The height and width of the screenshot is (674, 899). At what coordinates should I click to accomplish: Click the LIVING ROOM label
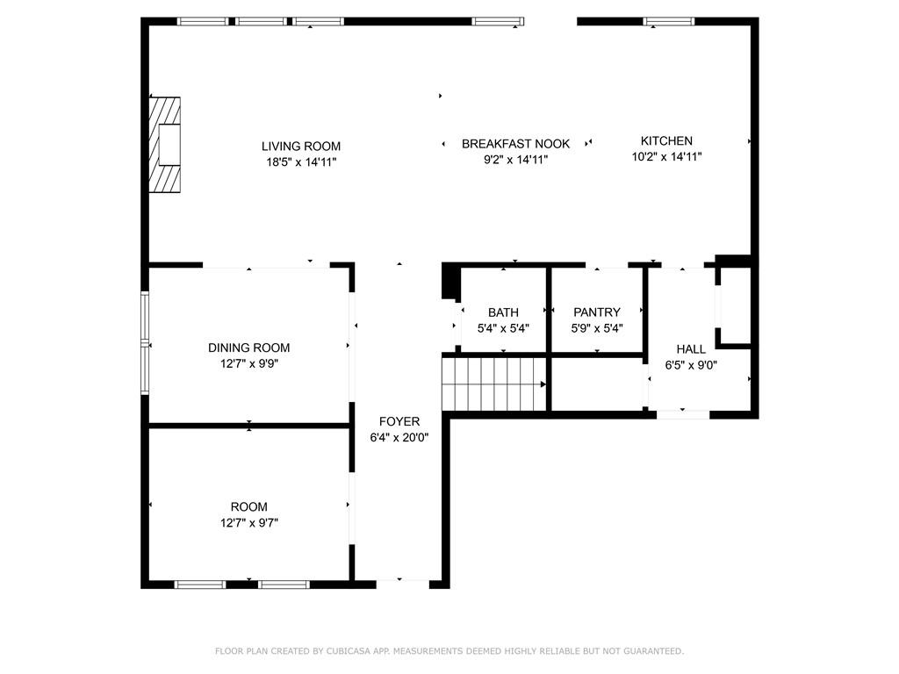coord(301,147)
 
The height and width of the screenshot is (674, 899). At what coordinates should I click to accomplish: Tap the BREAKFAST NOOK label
coord(515,144)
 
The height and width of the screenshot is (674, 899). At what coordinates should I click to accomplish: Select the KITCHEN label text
coord(666,141)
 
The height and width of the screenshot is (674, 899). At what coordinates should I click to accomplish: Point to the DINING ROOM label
coord(248,348)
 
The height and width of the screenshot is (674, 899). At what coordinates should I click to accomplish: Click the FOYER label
coord(399,421)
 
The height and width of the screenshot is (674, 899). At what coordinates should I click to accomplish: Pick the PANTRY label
coord(597,312)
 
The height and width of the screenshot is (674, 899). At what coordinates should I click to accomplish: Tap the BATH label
coord(503,312)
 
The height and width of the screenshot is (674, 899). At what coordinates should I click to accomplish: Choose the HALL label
coord(691,349)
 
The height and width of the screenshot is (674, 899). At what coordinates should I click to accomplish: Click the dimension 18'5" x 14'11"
coord(301,162)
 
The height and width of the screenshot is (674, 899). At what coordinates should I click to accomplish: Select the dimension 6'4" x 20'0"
coord(399,438)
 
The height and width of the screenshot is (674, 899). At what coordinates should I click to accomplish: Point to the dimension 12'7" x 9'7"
coord(248,523)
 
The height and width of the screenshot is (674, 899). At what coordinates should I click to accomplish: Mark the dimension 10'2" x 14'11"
coord(666,156)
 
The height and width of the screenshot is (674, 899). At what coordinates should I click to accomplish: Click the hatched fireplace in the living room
coord(165,145)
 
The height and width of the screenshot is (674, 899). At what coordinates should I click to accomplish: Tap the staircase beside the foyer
coord(494,384)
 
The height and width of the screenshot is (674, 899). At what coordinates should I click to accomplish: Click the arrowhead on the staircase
coord(543,384)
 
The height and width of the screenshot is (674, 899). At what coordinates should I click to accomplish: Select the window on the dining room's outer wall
coord(145,343)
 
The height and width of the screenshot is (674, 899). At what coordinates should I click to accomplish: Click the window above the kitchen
coord(668,22)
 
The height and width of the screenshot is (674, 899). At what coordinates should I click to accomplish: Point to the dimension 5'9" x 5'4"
coord(597,328)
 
